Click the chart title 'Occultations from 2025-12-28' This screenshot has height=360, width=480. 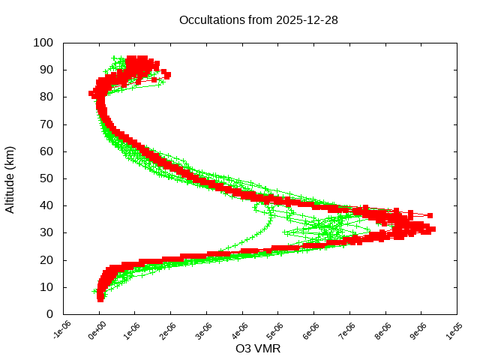pyautogui.click(x=258, y=20)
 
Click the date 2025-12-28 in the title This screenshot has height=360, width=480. pyautogui.click(x=307, y=20)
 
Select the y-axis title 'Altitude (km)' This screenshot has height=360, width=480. pyautogui.click(x=10, y=178)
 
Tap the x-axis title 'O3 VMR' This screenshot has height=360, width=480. pyautogui.click(x=258, y=349)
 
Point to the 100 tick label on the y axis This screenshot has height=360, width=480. pyautogui.click(x=43, y=43)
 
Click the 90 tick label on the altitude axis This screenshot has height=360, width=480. pyautogui.click(x=46, y=70)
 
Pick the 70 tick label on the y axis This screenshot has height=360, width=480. pyautogui.click(x=46, y=124)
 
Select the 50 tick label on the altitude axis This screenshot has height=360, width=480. pyautogui.click(x=46, y=178)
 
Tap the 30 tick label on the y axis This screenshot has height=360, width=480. pyautogui.click(x=46, y=232)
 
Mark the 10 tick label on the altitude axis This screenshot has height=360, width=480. pyautogui.click(x=46, y=286)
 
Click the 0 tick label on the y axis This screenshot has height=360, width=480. pyautogui.click(x=49, y=313)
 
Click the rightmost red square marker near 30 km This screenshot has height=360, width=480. pyautogui.click(x=432, y=229)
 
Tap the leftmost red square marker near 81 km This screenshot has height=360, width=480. pyautogui.click(x=91, y=94)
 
